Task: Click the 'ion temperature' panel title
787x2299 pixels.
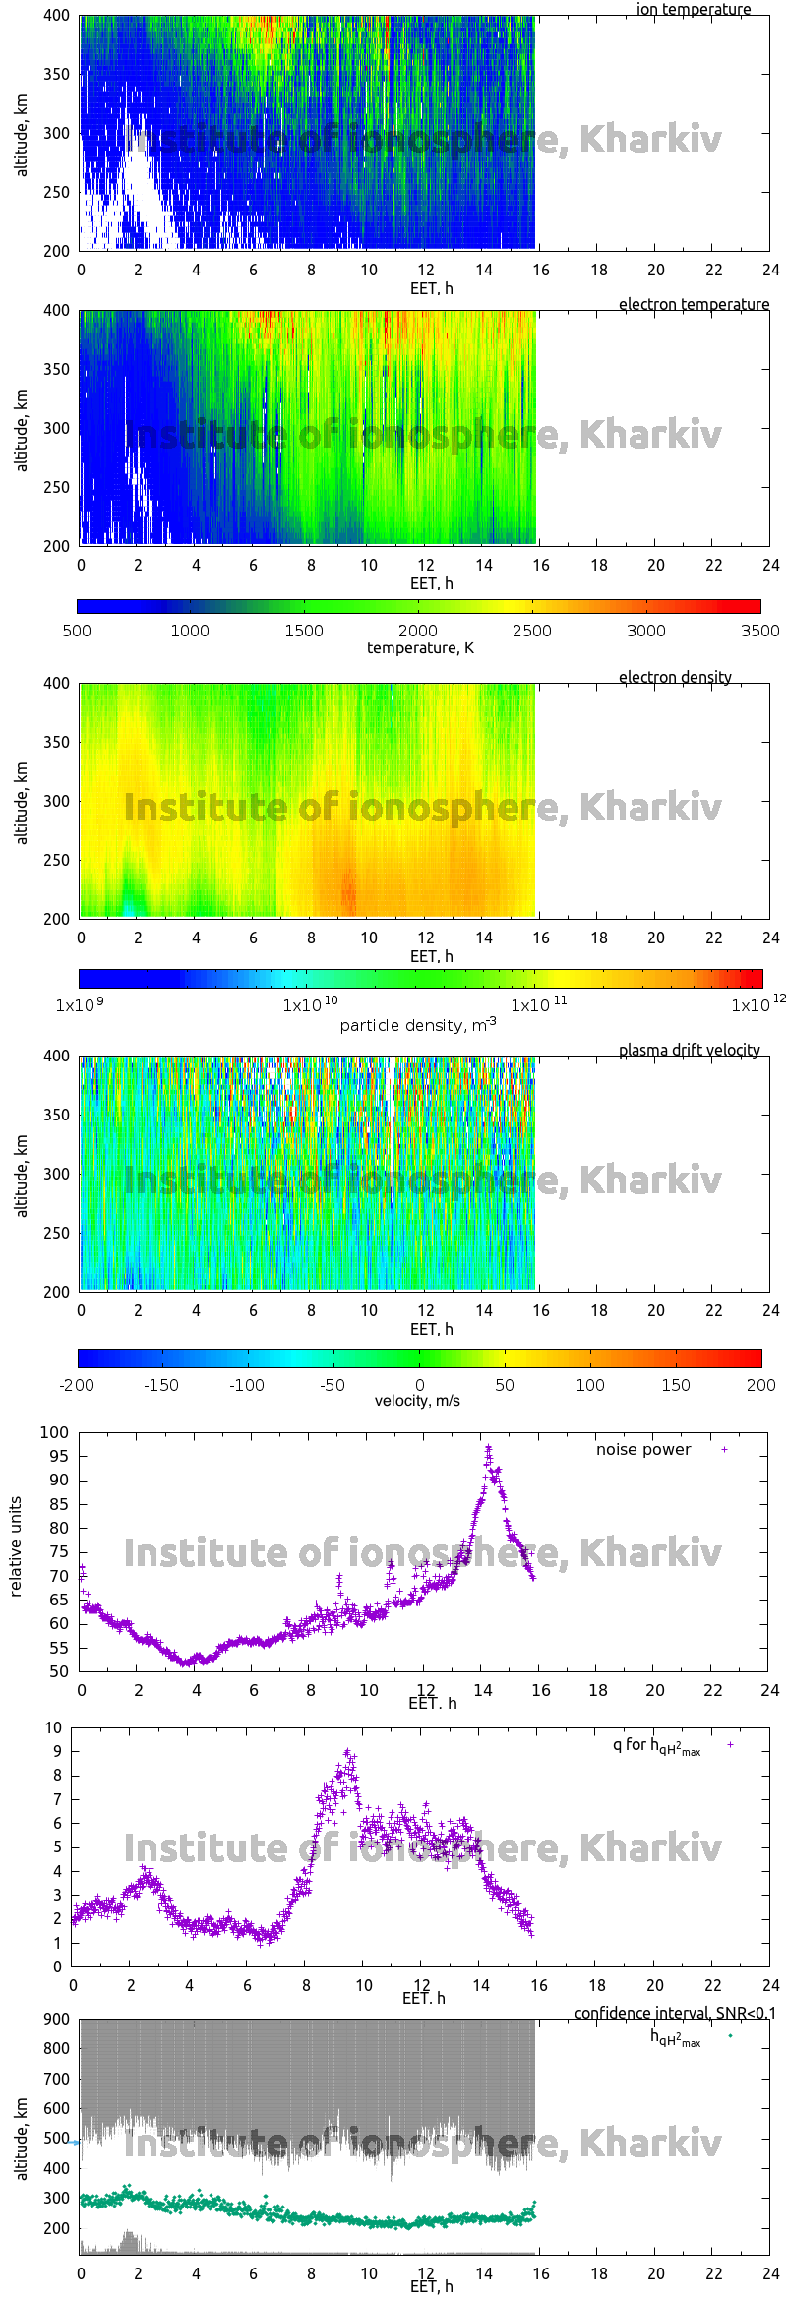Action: pyautogui.click(x=693, y=10)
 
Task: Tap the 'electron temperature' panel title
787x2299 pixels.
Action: pyautogui.click(x=694, y=304)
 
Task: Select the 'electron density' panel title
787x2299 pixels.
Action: pyautogui.click(x=675, y=677)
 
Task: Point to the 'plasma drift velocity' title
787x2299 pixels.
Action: pyautogui.click(x=689, y=1050)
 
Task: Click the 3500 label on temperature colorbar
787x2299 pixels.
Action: pyautogui.click(x=759, y=631)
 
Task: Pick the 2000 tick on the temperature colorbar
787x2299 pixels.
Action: pyautogui.click(x=418, y=631)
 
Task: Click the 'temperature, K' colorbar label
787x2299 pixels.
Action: pyautogui.click(x=420, y=647)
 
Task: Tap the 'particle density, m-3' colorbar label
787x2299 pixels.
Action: pyautogui.click(x=417, y=1025)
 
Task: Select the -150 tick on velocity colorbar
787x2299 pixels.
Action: pyautogui.click(x=161, y=1385)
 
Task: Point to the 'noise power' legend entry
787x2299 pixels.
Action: pyautogui.click(x=643, y=1449)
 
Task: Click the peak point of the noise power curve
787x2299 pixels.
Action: pyautogui.click(x=488, y=1447)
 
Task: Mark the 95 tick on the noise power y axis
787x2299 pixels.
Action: pyautogui.click(x=59, y=1456)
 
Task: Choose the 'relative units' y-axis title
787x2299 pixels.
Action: pyautogui.click(x=16, y=1546)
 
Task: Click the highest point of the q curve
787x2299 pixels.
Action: pyautogui.click(x=347, y=1751)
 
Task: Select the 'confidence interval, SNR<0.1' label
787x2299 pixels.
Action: pyautogui.click(x=674, y=2013)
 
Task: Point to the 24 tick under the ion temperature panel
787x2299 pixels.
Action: pyautogui.click(x=770, y=270)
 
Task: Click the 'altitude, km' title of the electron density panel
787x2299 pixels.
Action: pyautogui.click(x=22, y=802)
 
